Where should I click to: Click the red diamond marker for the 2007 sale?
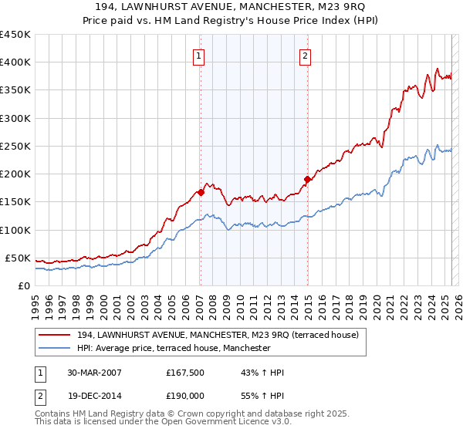[201, 192]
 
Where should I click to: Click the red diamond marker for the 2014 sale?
[307, 180]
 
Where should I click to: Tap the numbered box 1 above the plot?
[199, 55]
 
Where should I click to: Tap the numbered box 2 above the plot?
[306, 55]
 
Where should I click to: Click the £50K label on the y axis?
[19, 258]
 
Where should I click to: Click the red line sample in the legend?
[55, 336]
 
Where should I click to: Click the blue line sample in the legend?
[55, 349]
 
